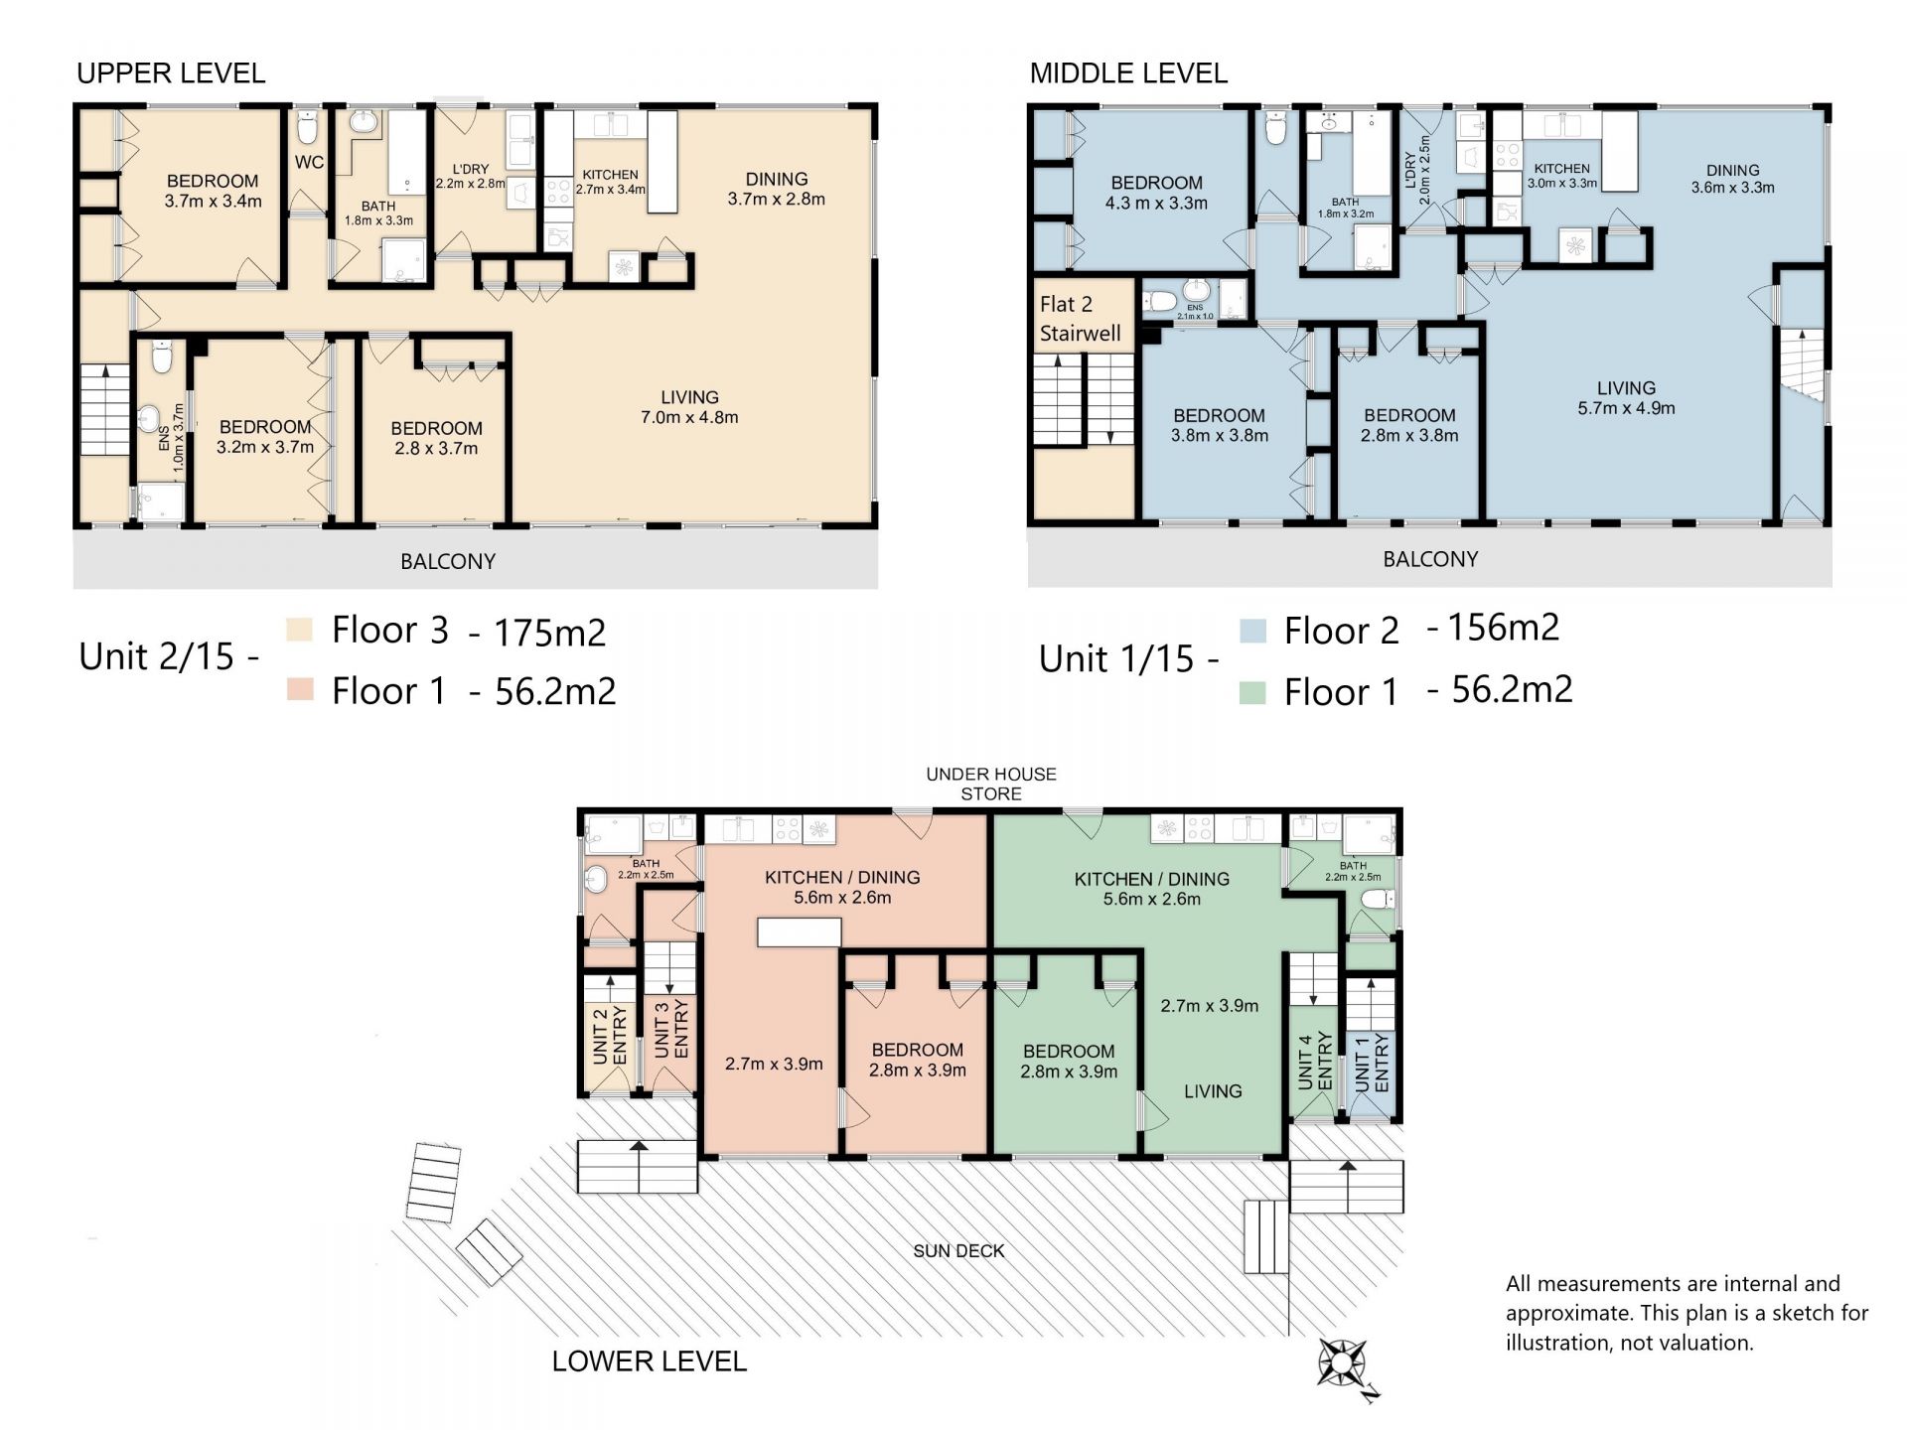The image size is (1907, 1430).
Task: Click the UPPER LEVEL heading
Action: pyautogui.click(x=171, y=73)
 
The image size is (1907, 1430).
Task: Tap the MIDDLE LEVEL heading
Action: pyautogui.click(x=1128, y=73)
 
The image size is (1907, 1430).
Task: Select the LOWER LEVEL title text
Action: pyautogui.click(x=650, y=1361)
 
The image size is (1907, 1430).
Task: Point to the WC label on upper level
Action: pyautogui.click(x=309, y=163)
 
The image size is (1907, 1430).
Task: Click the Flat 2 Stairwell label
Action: pyautogui.click(x=1080, y=319)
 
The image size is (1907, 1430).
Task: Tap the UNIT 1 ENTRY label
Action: pyautogui.click(x=1372, y=1063)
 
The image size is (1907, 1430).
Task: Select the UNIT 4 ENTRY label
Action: pyautogui.click(x=1315, y=1062)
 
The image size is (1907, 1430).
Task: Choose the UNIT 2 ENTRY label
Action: pyautogui.click(x=610, y=1037)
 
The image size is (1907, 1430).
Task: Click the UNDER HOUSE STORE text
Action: pyautogui.click(x=991, y=785)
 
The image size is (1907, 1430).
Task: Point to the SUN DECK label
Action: pyautogui.click(x=958, y=1251)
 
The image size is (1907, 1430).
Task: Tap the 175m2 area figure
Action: pyautogui.click(x=549, y=632)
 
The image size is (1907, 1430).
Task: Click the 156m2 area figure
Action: pyautogui.click(x=1503, y=628)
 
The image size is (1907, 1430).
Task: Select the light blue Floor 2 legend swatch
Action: pyautogui.click(x=1253, y=632)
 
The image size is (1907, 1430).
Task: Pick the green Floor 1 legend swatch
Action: pyautogui.click(x=1253, y=692)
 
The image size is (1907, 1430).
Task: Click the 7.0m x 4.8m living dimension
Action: pyautogui.click(x=689, y=418)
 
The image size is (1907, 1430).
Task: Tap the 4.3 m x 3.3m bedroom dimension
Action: pyautogui.click(x=1156, y=204)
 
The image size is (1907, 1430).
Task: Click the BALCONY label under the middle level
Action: pyautogui.click(x=1430, y=559)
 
